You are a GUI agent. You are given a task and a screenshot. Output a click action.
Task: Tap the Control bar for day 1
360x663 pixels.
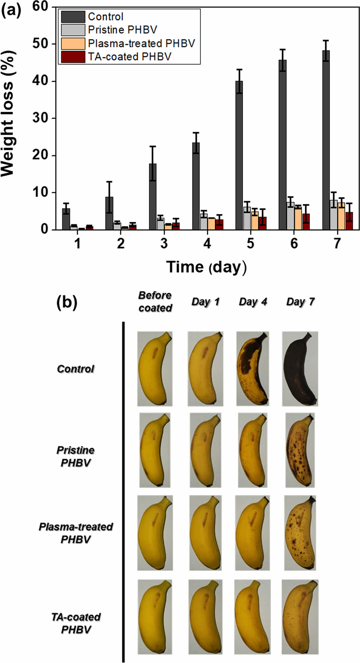[66, 219]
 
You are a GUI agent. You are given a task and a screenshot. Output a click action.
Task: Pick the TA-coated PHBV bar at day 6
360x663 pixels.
[306, 222]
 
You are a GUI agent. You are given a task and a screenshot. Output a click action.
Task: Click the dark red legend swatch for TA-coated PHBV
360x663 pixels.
[73, 57]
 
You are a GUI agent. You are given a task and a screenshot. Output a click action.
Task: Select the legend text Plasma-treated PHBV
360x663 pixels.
[141, 43]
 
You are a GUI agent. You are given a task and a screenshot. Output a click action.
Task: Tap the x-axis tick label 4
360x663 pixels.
[207, 243]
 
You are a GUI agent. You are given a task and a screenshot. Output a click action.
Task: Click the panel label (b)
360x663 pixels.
[67, 303]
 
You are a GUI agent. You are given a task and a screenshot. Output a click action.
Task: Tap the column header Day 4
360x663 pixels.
[253, 302]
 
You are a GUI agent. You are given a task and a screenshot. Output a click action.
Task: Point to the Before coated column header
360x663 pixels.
[155, 302]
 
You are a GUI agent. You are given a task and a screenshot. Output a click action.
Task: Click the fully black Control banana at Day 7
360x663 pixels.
[300, 369]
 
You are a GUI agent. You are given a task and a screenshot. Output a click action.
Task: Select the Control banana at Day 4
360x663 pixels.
[253, 369]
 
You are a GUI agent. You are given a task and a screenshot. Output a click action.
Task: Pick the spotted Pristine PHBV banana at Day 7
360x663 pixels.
[300, 450]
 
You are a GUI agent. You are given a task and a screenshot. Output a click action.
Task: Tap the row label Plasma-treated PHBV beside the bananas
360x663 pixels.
[76, 533]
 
